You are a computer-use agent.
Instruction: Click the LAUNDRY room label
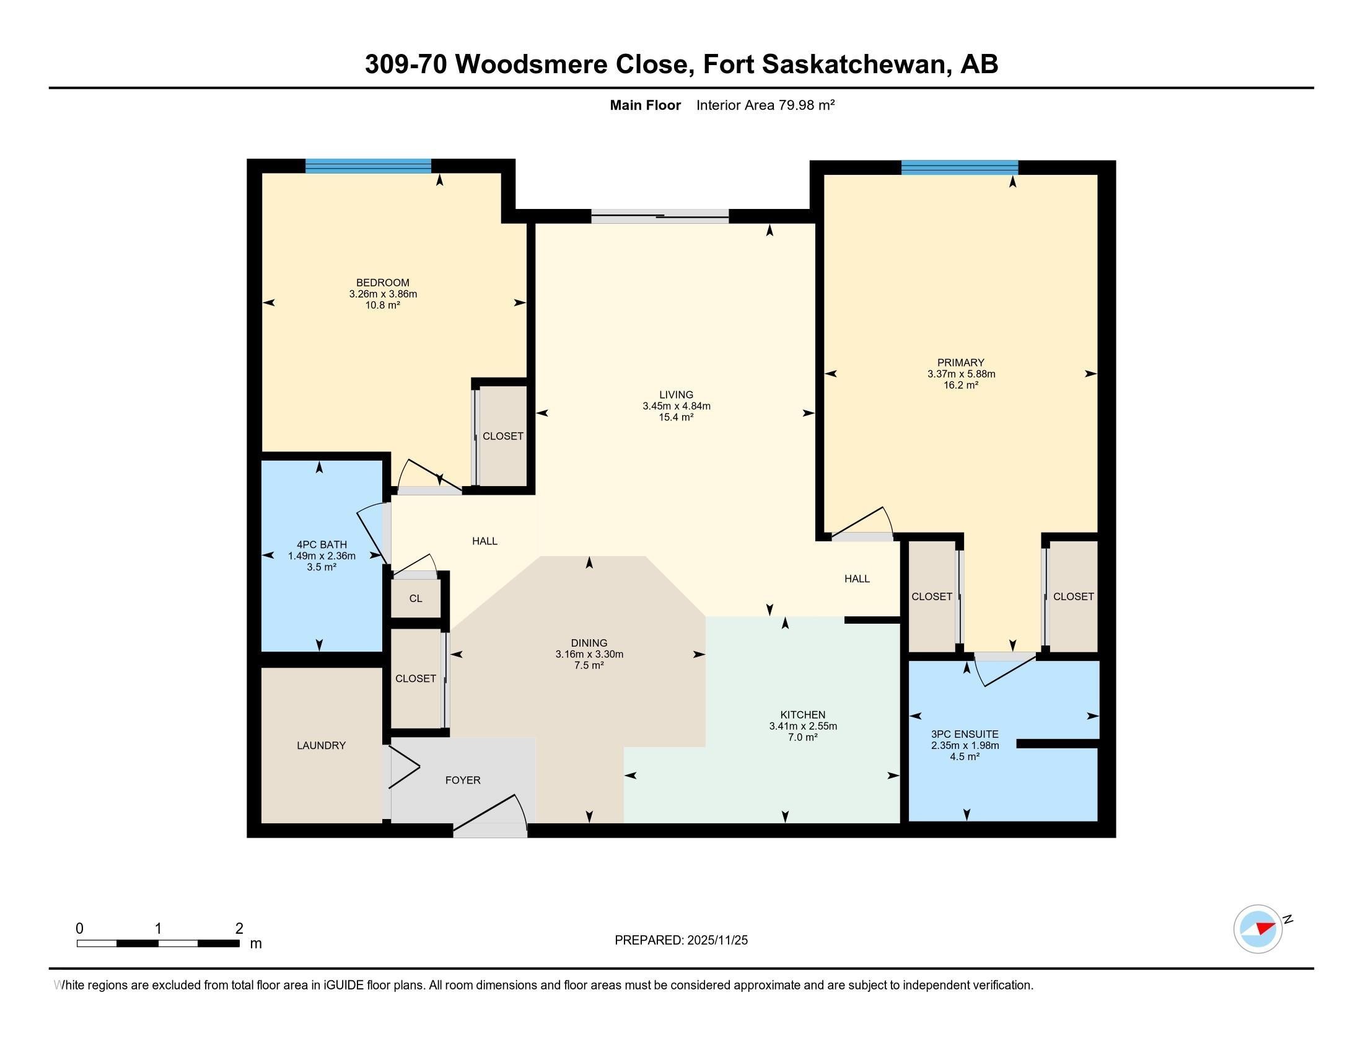tap(321, 745)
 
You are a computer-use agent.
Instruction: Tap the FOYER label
tap(462, 780)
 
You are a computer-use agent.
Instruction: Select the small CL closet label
tap(416, 598)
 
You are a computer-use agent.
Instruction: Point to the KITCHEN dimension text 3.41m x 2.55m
tap(802, 726)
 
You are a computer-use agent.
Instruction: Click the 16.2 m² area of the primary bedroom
tap(960, 385)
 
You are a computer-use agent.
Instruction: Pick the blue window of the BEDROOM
tap(368, 166)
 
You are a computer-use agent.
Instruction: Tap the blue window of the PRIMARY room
tap(959, 167)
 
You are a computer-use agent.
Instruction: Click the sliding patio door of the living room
tap(660, 216)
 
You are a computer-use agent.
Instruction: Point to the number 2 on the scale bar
tap(239, 929)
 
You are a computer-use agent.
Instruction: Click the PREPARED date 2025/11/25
tap(716, 941)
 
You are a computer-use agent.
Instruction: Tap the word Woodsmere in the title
tap(531, 64)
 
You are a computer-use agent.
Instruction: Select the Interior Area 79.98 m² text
tap(765, 105)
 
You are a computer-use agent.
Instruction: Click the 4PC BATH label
tap(322, 544)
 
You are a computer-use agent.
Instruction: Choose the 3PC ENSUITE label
tap(965, 734)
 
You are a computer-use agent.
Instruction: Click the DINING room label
tap(589, 643)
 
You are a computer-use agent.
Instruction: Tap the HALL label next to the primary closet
tap(857, 579)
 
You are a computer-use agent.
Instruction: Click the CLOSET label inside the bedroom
tap(503, 436)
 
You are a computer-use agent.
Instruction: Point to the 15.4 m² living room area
tap(677, 417)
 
